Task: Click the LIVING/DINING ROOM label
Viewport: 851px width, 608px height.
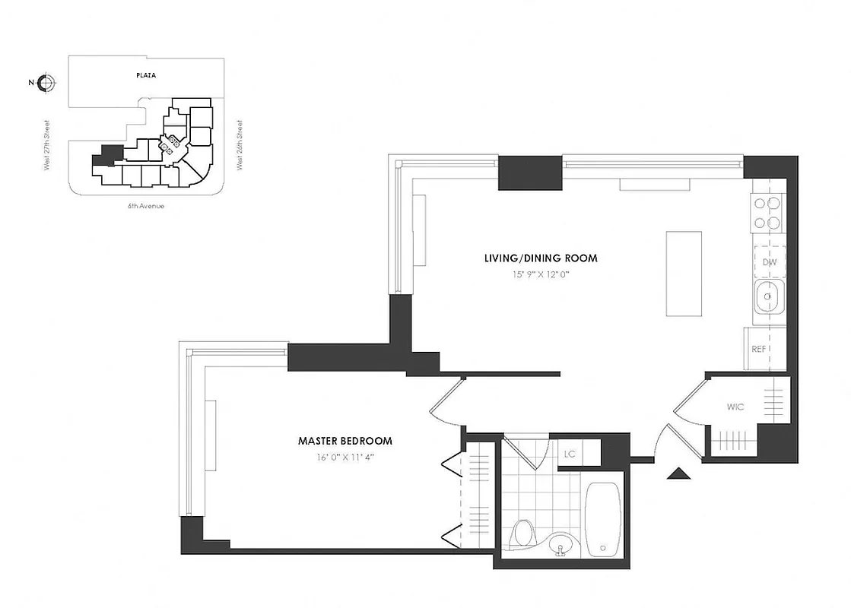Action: point(541,258)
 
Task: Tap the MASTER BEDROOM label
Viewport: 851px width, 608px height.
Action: point(345,441)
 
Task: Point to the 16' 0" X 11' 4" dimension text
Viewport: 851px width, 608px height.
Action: point(345,457)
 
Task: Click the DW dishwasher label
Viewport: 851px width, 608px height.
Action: point(769,262)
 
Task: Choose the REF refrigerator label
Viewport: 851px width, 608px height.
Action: point(758,350)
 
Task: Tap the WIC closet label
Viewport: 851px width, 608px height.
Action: point(735,407)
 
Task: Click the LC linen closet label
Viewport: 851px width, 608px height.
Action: point(569,454)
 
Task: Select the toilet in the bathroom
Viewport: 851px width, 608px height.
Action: point(522,531)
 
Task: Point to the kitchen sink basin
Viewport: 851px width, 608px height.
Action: point(768,297)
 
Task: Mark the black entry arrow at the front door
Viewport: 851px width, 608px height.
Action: point(678,474)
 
